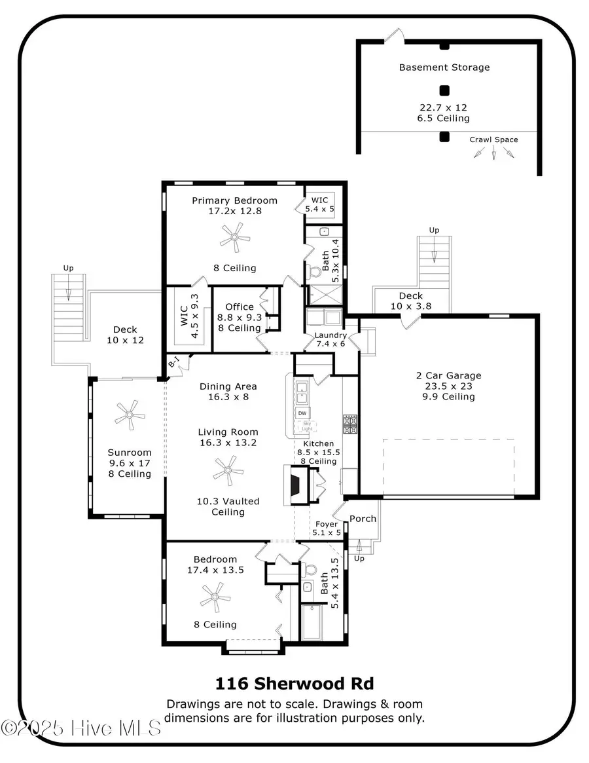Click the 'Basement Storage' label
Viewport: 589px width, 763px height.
click(x=444, y=67)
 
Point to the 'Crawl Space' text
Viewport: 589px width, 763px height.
click(x=493, y=140)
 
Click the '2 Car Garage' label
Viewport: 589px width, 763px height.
click(x=448, y=375)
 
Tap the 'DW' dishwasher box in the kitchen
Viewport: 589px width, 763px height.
click(x=302, y=413)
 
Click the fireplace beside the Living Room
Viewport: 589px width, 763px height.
click(x=294, y=485)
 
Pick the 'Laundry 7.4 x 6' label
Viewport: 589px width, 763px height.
click(x=330, y=339)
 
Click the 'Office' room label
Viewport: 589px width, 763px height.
click(x=239, y=307)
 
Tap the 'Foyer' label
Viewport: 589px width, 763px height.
click(x=326, y=524)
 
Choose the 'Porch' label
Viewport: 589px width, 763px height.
click(x=363, y=519)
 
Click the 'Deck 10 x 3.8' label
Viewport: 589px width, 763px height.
click(x=410, y=301)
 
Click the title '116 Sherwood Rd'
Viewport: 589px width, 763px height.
click(x=294, y=684)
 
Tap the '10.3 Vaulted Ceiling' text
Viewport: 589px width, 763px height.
click(x=228, y=506)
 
